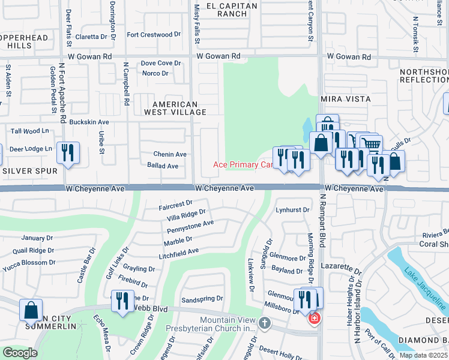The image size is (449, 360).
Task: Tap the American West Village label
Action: [175, 108]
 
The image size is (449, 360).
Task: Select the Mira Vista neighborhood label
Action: [345, 98]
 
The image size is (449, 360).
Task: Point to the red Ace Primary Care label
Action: [244, 164]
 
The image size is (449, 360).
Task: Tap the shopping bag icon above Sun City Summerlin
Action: [31, 310]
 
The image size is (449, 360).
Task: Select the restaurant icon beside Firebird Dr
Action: [122, 301]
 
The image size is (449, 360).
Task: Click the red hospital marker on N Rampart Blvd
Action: [313, 319]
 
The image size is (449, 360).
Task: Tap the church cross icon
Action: [264, 324]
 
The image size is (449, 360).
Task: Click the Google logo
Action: [20, 353]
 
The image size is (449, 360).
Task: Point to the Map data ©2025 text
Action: [424, 355]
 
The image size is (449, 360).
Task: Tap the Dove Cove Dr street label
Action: [160, 63]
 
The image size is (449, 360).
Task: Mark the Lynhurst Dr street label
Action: [292, 210]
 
